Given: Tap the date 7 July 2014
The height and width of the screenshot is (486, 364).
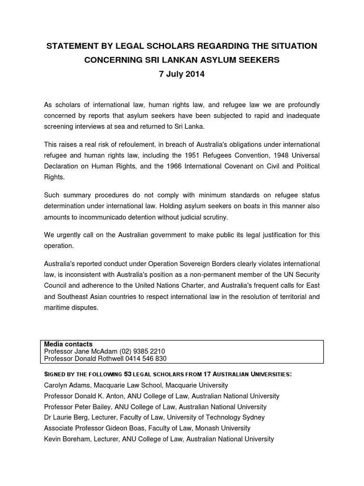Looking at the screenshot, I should click(x=182, y=74).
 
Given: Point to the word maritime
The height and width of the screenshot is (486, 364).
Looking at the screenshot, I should click(x=57, y=307).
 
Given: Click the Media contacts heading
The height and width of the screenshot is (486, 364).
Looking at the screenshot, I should click(x=68, y=344).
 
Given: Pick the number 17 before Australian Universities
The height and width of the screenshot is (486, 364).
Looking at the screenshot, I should click(x=218, y=374).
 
